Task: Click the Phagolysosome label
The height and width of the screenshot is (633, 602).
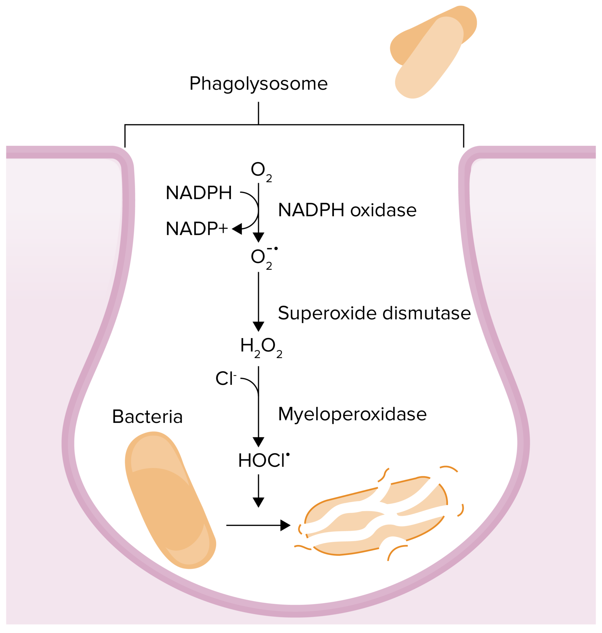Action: [x=258, y=84]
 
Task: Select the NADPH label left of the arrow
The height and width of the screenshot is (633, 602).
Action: [x=199, y=193]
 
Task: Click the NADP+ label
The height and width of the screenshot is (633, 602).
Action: [x=197, y=229]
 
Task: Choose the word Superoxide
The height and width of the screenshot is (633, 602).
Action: [x=328, y=313]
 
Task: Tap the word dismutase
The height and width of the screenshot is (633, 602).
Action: [x=427, y=313]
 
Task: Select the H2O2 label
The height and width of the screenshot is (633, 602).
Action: [x=261, y=347]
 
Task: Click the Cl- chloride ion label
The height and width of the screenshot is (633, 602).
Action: [x=226, y=378]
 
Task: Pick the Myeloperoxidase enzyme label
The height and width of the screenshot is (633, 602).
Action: [x=352, y=414]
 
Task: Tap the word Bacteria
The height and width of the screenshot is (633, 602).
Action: [x=147, y=417]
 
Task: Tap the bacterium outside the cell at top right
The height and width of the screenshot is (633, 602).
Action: [x=431, y=51]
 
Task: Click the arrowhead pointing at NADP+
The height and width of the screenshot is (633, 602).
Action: [x=237, y=229]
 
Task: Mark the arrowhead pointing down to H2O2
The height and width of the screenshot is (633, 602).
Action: [x=258, y=326]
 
